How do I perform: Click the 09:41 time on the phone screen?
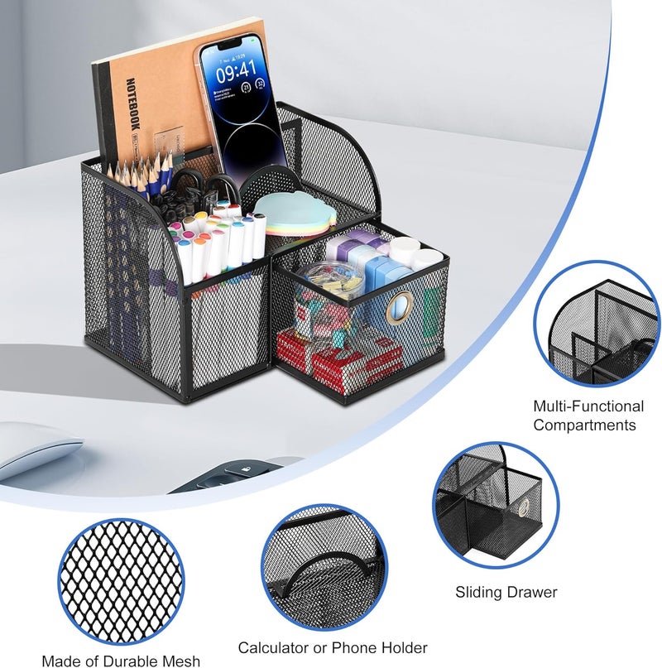pos(236,71)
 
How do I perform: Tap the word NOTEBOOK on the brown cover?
pos(133,103)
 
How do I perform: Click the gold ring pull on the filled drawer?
pos(399,307)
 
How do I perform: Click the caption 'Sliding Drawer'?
pos(506,592)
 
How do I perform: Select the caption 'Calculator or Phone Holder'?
pos(333,647)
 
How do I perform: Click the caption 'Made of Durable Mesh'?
pos(121,661)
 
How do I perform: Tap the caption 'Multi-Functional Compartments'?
pos(588,416)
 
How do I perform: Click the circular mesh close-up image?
pos(122,583)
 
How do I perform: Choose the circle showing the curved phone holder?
pos(324,568)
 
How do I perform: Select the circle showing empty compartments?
pos(597,324)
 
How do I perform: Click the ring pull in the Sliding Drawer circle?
pos(523,507)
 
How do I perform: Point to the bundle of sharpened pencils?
pos(140,173)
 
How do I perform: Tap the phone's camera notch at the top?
pos(230,43)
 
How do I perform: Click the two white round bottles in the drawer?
pos(416,252)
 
